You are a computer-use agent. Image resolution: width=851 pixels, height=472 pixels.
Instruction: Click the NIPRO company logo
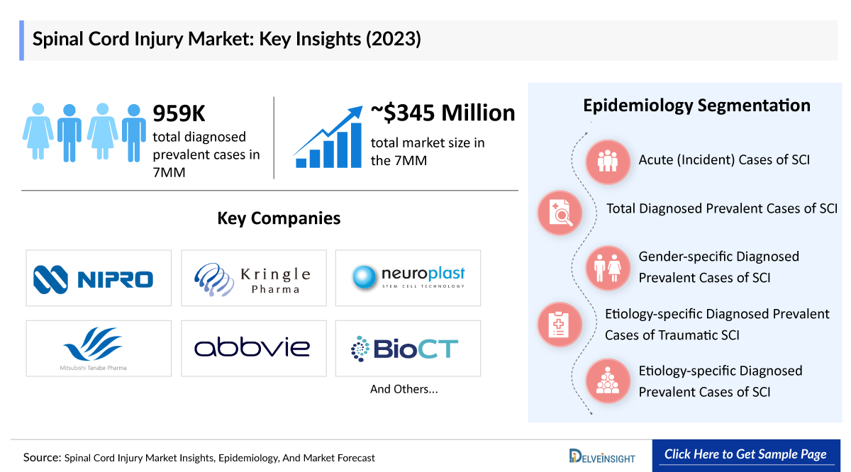tap(99, 278)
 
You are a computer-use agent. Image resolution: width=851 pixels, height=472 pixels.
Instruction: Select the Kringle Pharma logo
tap(253, 278)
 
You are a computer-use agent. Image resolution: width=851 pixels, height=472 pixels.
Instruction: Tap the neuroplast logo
tap(408, 278)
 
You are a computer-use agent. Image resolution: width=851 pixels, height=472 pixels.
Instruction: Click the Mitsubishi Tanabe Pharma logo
tap(99, 348)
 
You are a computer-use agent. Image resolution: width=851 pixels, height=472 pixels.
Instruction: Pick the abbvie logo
tap(253, 348)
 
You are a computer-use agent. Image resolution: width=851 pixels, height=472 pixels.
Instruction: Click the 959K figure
tap(179, 113)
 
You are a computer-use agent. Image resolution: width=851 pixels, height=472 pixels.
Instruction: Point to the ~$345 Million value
tap(443, 113)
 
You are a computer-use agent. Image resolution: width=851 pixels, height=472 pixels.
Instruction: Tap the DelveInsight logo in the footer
tap(602, 456)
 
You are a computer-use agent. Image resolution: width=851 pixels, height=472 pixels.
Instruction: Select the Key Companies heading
tap(279, 218)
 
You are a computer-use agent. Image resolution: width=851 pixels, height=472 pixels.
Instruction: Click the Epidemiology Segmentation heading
tap(696, 106)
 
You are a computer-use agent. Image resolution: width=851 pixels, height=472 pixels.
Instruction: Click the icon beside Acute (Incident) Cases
tap(608, 162)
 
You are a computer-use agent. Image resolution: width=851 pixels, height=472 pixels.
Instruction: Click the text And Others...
tap(404, 389)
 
